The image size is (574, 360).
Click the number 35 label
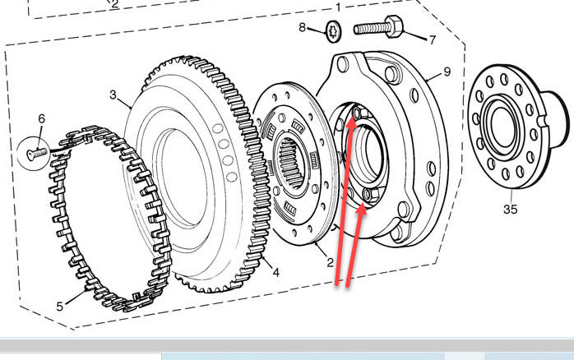point(510,209)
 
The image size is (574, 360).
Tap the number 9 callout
point(447,72)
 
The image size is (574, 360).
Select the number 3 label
point(113,95)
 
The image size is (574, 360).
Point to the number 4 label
point(275,272)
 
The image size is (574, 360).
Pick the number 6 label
point(42,119)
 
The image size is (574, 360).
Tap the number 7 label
point(433,39)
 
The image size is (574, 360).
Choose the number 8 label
point(303,27)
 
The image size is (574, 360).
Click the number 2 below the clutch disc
point(330,262)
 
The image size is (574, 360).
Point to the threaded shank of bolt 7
point(370,29)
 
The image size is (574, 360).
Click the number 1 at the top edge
point(338,6)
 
